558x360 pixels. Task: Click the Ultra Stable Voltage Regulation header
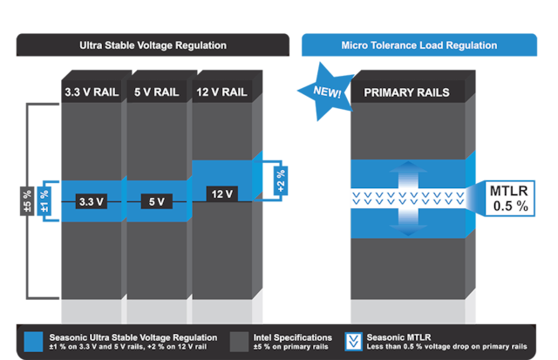(153, 44)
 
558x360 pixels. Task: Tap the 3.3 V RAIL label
(92, 90)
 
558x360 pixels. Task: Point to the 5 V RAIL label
(156, 90)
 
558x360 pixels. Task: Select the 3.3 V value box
(92, 201)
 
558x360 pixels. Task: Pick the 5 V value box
(156, 201)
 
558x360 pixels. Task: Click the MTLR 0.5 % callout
(507, 200)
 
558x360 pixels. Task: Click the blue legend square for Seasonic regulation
(35, 342)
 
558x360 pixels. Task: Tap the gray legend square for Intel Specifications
(240, 342)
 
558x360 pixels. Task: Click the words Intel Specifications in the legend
(291, 336)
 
